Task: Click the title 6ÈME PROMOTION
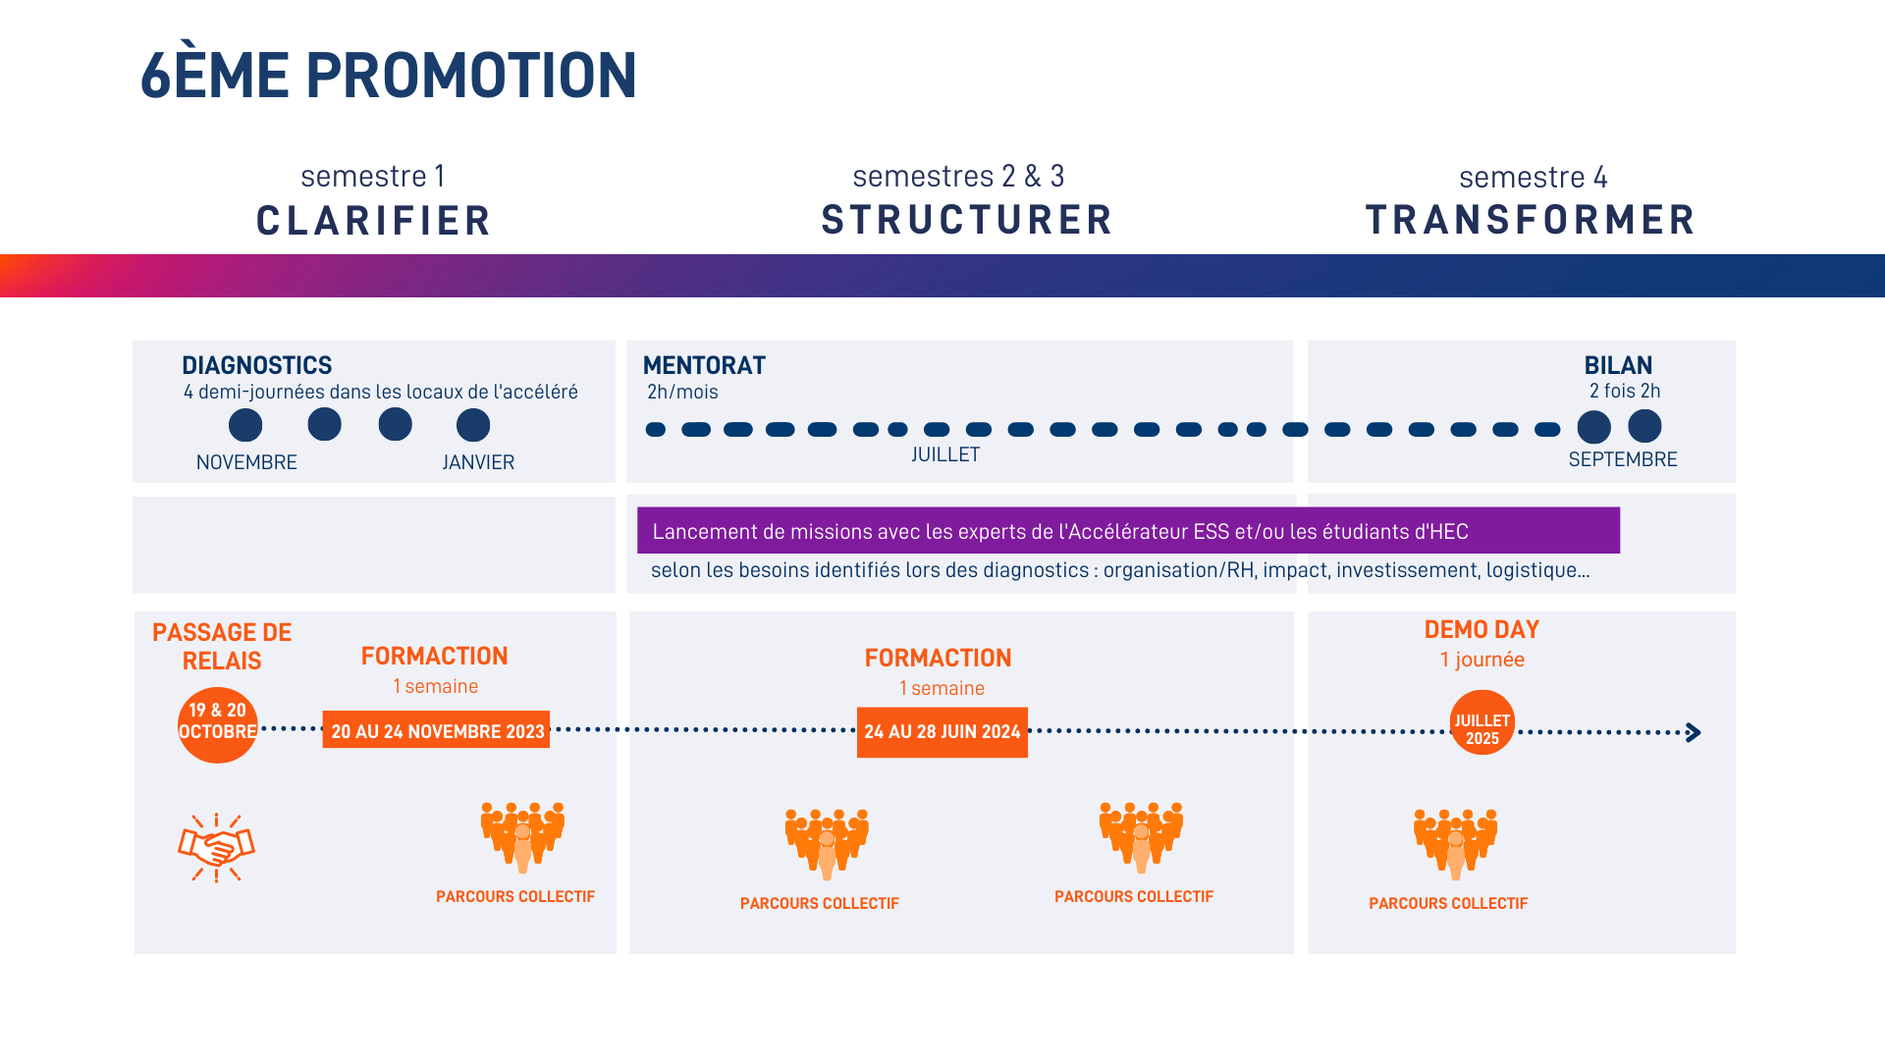[x=389, y=76]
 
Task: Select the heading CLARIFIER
[x=373, y=221]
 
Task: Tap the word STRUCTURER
[x=967, y=220]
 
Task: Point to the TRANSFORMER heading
[x=1530, y=220]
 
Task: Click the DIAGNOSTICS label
[x=256, y=365]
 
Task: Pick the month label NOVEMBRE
[x=246, y=462]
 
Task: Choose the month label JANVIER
[x=478, y=462]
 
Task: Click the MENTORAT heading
[x=704, y=365]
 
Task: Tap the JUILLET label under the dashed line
[x=944, y=454]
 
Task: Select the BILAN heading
[x=1618, y=365]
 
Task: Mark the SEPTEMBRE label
[x=1622, y=459]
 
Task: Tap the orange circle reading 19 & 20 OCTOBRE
[x=217, y=724]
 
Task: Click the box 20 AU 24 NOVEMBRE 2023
[x=436, y=730]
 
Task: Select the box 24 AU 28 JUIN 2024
[x=942, y=732]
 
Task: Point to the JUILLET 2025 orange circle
[x=1481, y=722]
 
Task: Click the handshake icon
[x=216, y=847]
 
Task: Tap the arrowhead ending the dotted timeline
[x=1693, y=732]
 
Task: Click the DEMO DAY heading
[x=1481, y=629]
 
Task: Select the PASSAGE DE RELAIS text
[x=222, y=646]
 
